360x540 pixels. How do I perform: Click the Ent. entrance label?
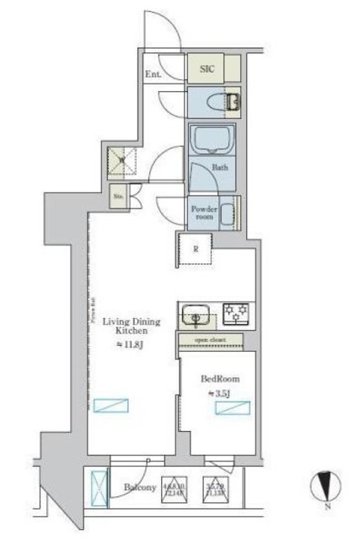click(153, 74)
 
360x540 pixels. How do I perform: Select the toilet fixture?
click(229, 104)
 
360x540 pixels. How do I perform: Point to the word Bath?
click(219, 167)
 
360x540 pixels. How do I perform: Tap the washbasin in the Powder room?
click(228, 215)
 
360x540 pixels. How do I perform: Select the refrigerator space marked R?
click(195, 249)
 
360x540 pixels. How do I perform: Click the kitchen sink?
click(196, 316)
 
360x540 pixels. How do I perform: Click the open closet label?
click(211, 340)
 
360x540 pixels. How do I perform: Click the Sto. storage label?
click(119, 198)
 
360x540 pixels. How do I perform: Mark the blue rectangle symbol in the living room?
click(110, 405)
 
